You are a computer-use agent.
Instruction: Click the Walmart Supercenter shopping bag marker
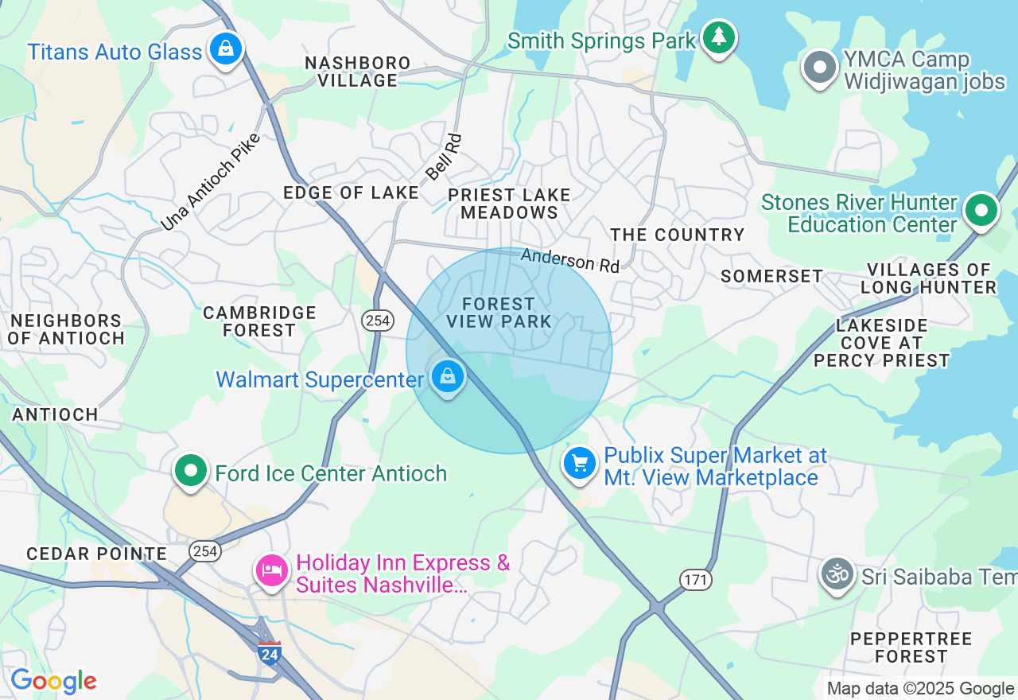(448, 375)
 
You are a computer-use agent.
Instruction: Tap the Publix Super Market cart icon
(580, 462)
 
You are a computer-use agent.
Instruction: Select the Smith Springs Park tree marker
(719, 37)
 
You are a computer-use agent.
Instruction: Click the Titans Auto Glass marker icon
(226, 49)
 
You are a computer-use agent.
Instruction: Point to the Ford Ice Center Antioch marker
(191, 471)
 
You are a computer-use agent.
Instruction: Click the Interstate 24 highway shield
(270, 653)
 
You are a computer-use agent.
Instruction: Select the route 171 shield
(695, 580)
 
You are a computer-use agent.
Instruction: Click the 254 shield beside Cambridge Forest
(377, 321)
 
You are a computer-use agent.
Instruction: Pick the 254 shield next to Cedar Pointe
(204, 551)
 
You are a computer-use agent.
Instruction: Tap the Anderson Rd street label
(569, 260)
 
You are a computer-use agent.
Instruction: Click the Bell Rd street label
(443, 157)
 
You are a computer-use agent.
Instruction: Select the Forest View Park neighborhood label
(499, 313)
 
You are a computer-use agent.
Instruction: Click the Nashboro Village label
(358, 72)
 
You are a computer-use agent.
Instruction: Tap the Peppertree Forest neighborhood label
(911, 647)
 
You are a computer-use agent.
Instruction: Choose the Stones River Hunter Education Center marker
(981, 211)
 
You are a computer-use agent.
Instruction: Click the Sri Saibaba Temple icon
(837, 574)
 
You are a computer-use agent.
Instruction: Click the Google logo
(53, 682)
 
